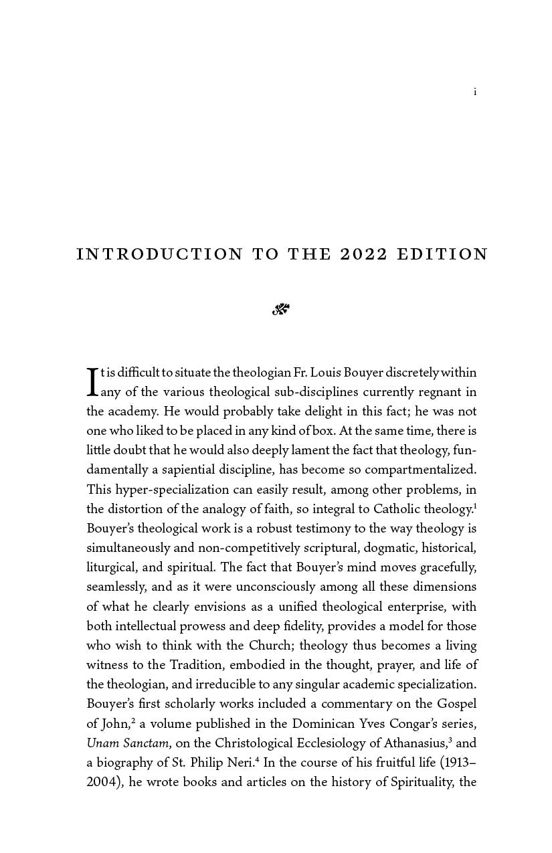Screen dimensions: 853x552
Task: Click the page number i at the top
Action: click(x=475, y=92)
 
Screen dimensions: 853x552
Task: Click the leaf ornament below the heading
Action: click(x=281, y=309)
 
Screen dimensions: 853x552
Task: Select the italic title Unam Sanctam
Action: click(x=127, y=743)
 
